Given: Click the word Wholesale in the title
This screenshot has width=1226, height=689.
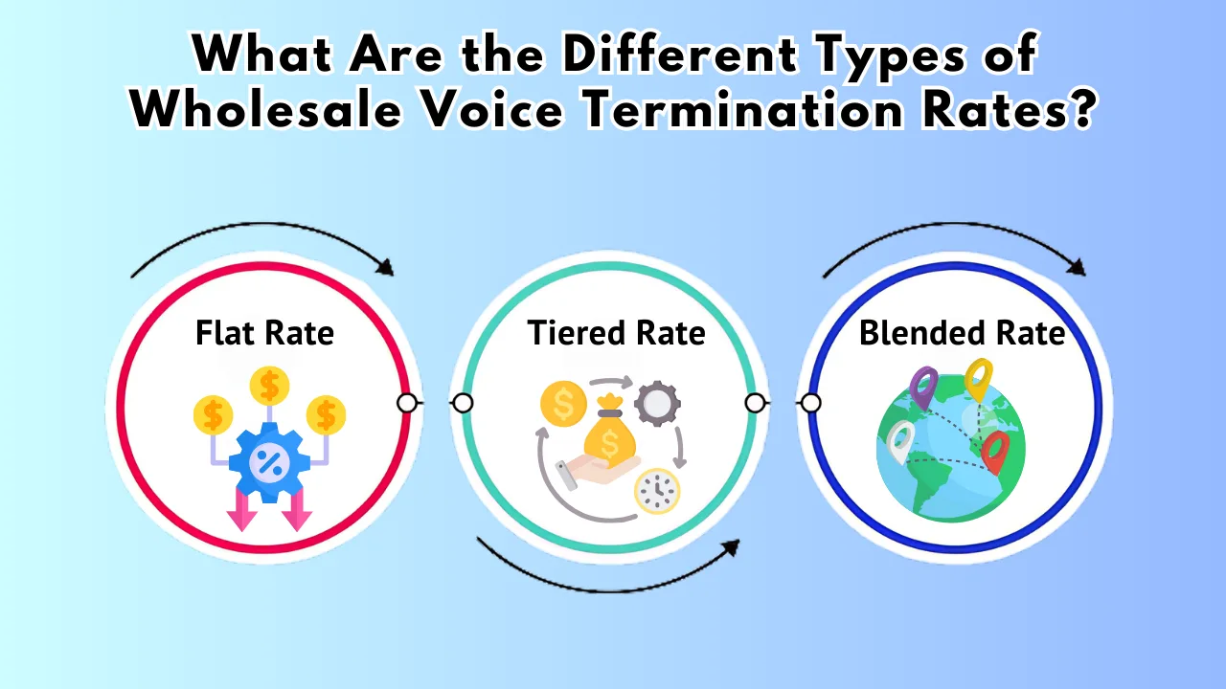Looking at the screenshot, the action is pyautogui.click(x=265, y=109).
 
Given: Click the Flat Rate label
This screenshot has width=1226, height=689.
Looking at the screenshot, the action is pyautogui.click(x=265, y=332).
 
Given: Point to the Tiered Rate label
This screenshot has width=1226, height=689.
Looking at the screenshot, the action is pyautogui.click(x=616, y=332).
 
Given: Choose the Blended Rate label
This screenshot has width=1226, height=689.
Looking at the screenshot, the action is pyautogui.click(x=962, y=332).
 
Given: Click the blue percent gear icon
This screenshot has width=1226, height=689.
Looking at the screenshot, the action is pyautogui.click(x=269, y=462).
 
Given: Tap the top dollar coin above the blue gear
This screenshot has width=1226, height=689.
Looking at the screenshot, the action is pyautogui.click(x=269, y=386).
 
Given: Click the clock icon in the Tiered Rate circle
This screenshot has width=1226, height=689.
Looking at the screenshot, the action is pyautogui.click(x=657, y=491).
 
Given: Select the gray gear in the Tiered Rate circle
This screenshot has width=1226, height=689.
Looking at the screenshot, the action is pyautogui.click(x=657, y=404).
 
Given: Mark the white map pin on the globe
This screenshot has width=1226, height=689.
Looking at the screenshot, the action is pyautogui.click(x=900, y=442).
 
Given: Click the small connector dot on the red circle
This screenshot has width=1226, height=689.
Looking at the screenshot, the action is pyautogui.click(x=407, y=403).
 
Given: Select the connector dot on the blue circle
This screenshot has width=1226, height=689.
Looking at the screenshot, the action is pyautogui.click(x=810, y=403).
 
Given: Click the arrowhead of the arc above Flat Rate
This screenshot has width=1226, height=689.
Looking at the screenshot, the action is pyautogui.click(x=386, y=267).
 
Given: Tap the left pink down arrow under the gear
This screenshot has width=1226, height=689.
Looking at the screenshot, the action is pyautogui.click(x=242, y=510).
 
